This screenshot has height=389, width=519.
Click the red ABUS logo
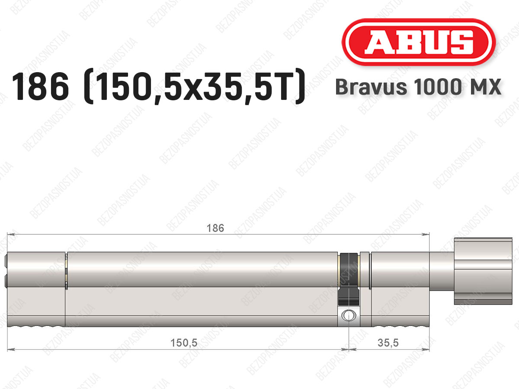pyautogui.click(x=419, y=42)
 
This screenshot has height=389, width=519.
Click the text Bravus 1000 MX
pyautogui.click(x=418, y=87)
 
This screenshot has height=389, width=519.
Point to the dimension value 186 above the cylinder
pyautogui.click(x=215, y=228)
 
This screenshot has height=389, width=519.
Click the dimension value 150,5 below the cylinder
pyautogui.click(x=184, y=343)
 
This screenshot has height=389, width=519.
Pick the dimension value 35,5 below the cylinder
pyautogui.click(x=388, y=343)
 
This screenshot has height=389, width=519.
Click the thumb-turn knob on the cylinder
pyautogui.click(x=483, y=271)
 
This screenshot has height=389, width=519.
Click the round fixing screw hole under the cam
pyautogui.click(x=349, y=316)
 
